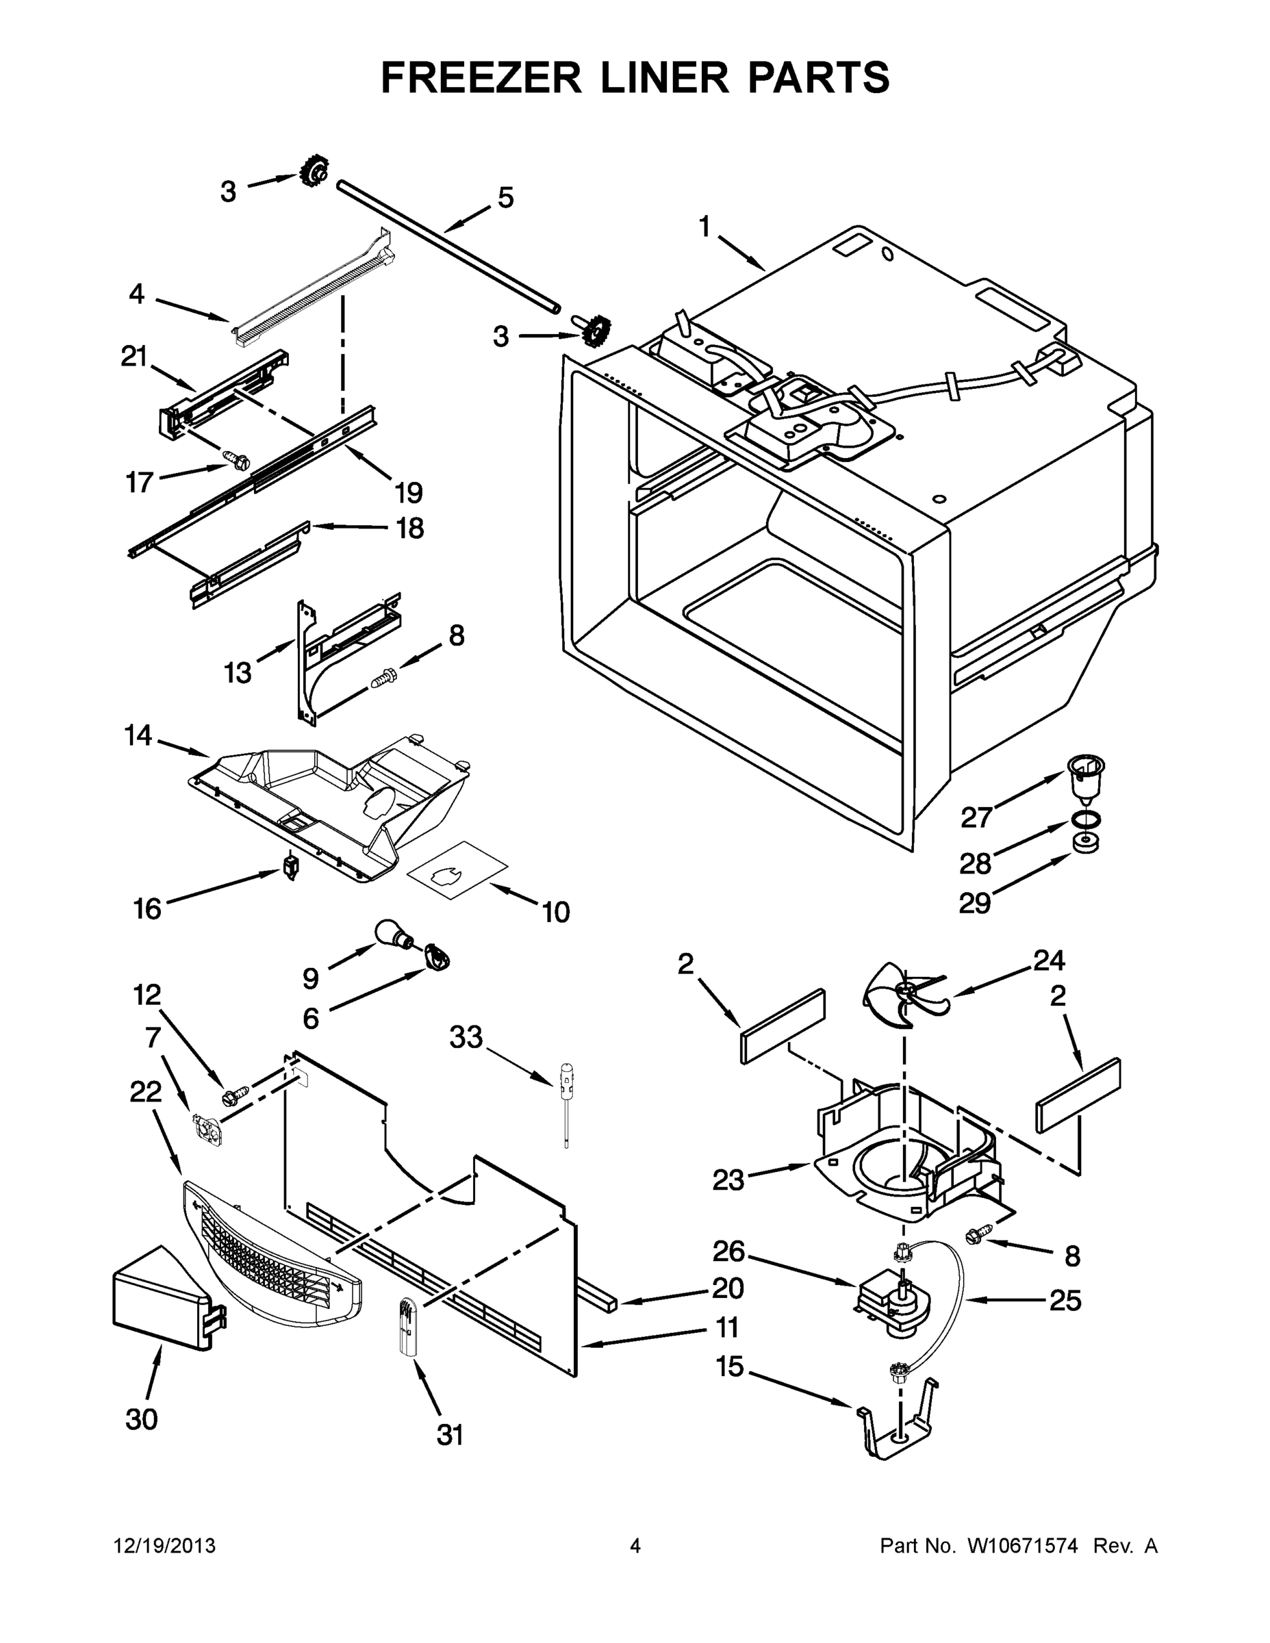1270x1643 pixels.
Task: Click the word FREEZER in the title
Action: click(x=481, y=77)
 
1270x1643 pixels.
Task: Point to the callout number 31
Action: click(x=450, y=1436)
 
